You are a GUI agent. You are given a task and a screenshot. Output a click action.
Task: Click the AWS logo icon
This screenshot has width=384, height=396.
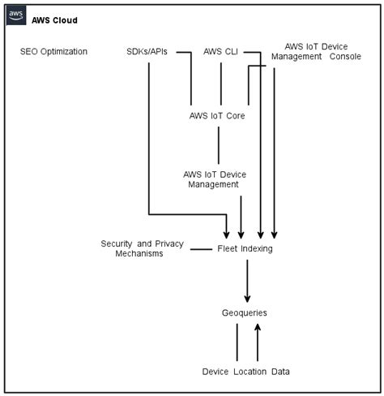coord(16,16)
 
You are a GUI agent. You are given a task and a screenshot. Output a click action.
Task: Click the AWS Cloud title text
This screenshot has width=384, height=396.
coord(54,20)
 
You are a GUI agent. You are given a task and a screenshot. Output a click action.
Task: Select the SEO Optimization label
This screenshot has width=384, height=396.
coord(53,52)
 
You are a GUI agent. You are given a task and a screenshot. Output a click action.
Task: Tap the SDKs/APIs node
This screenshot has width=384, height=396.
coord(147,52)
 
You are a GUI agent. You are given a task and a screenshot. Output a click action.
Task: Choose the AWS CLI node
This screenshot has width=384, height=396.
coord(221,52)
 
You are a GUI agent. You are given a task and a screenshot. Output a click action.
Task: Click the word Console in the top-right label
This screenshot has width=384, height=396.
coord(345,57)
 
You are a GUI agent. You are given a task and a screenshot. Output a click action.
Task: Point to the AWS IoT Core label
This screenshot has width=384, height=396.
coord(217,115)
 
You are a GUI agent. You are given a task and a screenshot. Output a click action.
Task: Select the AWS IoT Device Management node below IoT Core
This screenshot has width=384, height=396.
coord(215,179)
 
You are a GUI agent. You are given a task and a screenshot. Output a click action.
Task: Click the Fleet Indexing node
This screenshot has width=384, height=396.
coord(245,248)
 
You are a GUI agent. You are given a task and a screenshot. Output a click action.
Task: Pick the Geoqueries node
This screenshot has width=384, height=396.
coord(244,312)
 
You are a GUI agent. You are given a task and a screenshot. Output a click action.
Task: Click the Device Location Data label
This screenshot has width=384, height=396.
coord(246,372)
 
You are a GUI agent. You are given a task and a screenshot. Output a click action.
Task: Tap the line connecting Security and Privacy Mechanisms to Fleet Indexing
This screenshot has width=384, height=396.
coord(201,249)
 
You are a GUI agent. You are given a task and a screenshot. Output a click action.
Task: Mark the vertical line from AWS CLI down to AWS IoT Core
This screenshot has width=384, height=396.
coord(221,83)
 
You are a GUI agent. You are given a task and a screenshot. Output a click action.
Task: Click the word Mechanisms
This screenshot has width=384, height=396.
coord(139,254)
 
